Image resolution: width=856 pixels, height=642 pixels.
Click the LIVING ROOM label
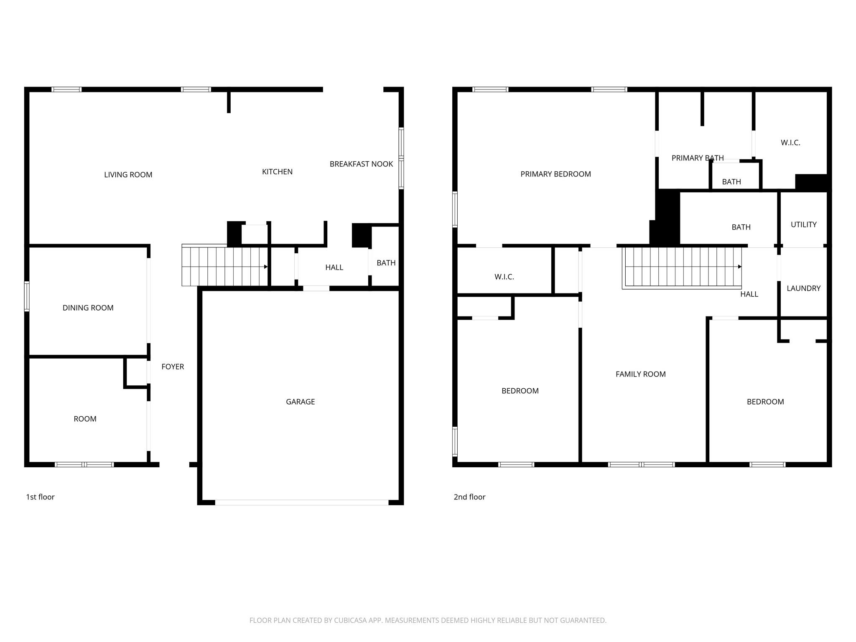(128, 175)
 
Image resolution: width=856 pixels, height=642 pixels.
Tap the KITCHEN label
(277, 172)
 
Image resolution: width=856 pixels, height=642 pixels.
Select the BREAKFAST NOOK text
(361, 164)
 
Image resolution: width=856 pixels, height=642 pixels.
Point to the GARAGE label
(300, 402)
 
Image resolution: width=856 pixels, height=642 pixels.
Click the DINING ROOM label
(88, 308)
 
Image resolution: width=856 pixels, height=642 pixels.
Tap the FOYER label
(173, 367)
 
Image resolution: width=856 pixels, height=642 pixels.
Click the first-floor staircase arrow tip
(266, 267)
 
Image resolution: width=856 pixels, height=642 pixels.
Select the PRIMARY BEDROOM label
(555, 174)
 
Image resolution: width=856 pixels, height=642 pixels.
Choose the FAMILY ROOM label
(640, 374)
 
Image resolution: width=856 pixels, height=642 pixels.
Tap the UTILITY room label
(803, 224)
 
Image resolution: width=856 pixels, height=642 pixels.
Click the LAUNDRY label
(803, 288)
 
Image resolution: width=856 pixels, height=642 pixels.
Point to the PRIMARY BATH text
(697, 158)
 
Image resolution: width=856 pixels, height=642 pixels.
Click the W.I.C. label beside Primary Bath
(790, 143)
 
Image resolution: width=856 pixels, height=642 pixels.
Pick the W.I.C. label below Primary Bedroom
(504, 277)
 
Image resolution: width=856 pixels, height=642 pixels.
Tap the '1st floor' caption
(40, 497)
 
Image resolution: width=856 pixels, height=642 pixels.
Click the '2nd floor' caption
(469, 497)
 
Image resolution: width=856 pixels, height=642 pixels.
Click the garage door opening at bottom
(301, 502)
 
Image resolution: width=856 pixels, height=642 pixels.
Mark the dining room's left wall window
(27, 296)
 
